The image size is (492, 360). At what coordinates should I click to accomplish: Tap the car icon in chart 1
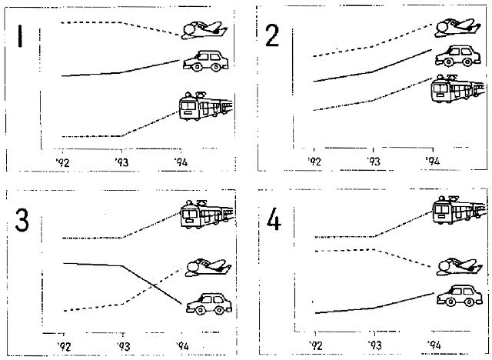[x=205, y=61]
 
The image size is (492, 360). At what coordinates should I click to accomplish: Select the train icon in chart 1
[x=206, y=106]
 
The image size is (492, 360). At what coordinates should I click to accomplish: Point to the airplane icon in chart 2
[x=457, y=28]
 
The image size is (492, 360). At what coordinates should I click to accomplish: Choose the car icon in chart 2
[x=458, y=56]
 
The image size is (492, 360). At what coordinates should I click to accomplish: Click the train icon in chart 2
[x=458, y=88]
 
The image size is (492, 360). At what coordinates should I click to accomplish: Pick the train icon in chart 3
[x=207, y=214]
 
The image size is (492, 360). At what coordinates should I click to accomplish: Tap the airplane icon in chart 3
[x=208, y=268]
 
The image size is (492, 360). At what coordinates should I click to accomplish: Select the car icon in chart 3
[x=209, y=304]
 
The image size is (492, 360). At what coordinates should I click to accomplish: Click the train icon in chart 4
[x=460, y=210]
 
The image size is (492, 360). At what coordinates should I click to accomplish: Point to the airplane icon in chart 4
[x=460, y=267]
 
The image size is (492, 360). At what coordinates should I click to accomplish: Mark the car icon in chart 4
[x=460, y=295]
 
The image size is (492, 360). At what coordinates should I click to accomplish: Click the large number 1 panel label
[x=21, y=36]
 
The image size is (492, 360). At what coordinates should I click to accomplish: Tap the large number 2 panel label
[x=271, y=36]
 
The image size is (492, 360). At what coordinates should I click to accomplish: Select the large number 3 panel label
[x=22, y=220]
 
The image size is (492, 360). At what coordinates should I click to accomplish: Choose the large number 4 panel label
[x=274, y=218]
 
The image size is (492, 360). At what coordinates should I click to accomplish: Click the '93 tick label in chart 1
[x=121, y=162]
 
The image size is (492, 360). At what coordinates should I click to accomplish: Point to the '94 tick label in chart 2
[x=433, y=161]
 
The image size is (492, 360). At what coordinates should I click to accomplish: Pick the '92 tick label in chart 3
[x=64, y=346]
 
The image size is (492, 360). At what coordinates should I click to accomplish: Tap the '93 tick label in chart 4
[x=374, y=345]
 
